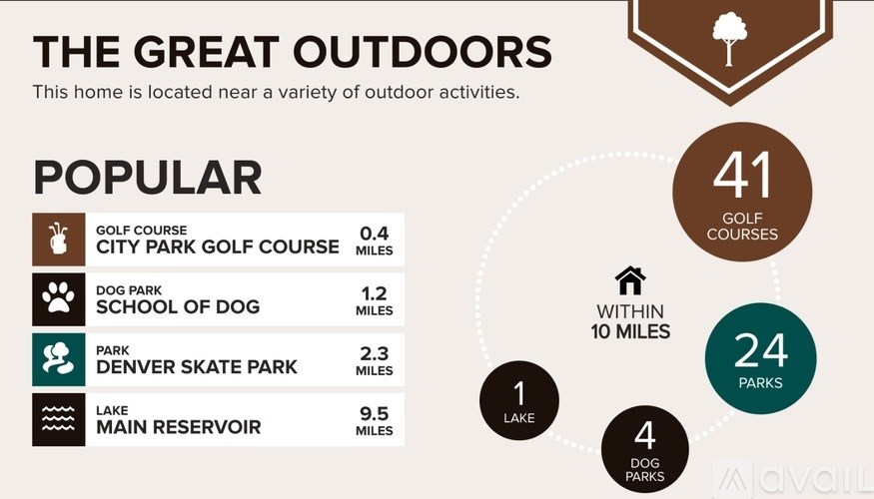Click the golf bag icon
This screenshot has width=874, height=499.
(58, 240)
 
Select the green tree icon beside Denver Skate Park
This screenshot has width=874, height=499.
(58, 359)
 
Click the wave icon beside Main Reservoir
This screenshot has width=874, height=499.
(58, 419)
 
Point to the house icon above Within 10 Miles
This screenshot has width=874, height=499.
(630, 280)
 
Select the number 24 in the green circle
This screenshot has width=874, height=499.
(761, 350)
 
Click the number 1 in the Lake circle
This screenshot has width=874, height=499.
(519, 393)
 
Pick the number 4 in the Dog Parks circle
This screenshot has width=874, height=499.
(644, 436)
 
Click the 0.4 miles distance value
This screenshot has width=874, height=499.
(374, 234)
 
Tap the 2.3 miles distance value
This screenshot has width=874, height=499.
(374, 353)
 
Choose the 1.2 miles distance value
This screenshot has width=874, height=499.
(374, 293)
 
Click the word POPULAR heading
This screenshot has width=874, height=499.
(147, 178)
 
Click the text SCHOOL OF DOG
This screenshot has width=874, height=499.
(178, 307)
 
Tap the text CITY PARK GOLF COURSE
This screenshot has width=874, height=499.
(218, 247)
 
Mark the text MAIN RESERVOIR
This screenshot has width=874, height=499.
(179, 427)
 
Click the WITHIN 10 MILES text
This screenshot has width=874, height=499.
(630, 321)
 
